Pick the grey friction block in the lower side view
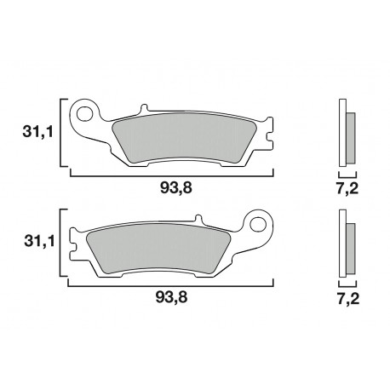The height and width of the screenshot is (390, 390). tap(350, 248)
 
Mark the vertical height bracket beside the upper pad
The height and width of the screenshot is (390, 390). tap(61, 132)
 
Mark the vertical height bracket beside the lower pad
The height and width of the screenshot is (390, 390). tap(61, 243)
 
